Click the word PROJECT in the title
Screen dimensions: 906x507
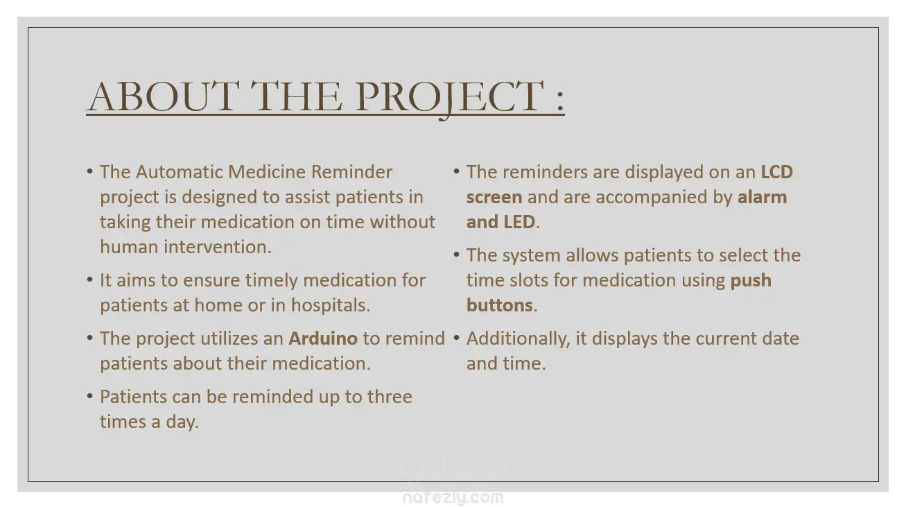pyautogui.click(x=449, y=97)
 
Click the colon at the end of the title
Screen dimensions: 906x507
pyautogui.click(x=560, y=100)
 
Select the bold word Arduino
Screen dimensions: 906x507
pyautogui.click(x=323, y=338)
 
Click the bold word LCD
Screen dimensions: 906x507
pyautogui.click(x=776, y=172)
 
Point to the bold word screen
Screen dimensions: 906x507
pyautogui.click(x=494, y=198)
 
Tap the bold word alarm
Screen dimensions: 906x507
pyautogui.click(x=763, y=197)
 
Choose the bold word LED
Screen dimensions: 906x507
pyautogui.click(x=519, y=222)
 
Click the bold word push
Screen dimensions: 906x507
pyautogui.click(x=751, y=280)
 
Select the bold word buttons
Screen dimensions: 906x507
pyautogui.click(x=500, y=305)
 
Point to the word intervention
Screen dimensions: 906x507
pyautogui.click(x=217, y=247)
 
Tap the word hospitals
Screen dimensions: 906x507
pyautogui.click(x=331, y=305)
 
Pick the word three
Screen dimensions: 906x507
pyautogui.click(x=390, y=397)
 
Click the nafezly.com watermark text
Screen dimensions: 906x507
pyautogui.click(x=453, y=497)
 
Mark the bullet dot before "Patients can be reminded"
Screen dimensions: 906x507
pyautogui.click(x=90, y=396)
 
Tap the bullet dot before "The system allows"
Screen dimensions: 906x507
pyautogui.click(x=457, y=255)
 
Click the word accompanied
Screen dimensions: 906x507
pyautogui.click(x=663, y=198)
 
